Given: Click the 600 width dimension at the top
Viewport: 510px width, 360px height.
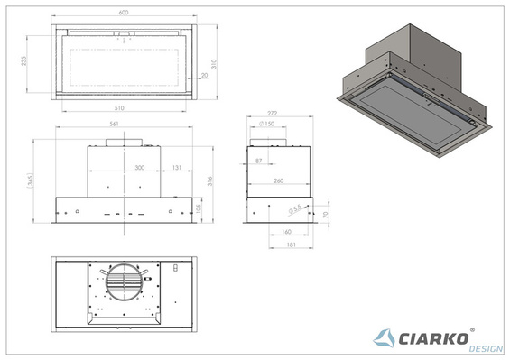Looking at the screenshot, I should [x=124, y=13].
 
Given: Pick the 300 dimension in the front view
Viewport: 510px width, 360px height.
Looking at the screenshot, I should [x=139, y=168].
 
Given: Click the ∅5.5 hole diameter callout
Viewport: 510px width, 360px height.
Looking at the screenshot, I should [x=294, y=212].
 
